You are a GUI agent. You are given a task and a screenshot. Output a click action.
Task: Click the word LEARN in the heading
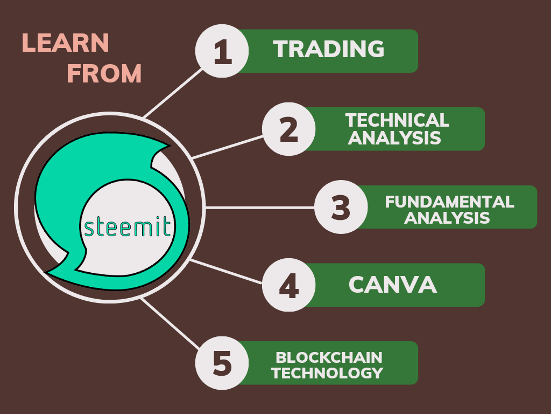pyautogui.click(x=65, y=43)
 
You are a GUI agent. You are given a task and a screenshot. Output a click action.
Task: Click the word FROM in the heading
pyautogui.click(x=104, y=73)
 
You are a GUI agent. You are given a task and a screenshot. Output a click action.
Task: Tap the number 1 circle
pyautogui.click(x=222, y=51)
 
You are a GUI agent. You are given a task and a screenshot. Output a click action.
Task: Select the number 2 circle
pyautogui.click(x=289, y=129)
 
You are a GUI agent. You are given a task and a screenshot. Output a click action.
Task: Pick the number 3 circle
pyautogui.click(x=341, y=207)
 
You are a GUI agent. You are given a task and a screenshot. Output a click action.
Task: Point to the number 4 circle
pyautogui.click(x=289, y=285)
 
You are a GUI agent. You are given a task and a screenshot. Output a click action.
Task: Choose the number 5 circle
pyautogui.click(x=222, y=363)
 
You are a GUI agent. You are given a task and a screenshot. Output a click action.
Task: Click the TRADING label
pyautogui.click(x=329, y=49)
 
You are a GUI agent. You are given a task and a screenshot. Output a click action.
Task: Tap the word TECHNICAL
pyautogui.click(x=397, y=120)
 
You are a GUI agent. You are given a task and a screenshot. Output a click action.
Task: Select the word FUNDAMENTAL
pyautogui.click(x=449, y=202)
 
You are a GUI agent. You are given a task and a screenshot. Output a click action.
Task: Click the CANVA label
pyautogui.click(x=392, y=285)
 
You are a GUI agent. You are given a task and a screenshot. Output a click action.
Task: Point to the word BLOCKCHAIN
pyautogui.click(x=329, y=358)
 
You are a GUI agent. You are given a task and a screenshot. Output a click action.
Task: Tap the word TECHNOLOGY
pyautogui.click(x=327, y=373)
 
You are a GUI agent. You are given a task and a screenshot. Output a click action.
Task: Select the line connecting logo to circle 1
pyautogui.click(x=173, y=93)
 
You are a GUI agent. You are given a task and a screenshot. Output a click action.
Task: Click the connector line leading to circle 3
pyautogui.click(x=260, y=208)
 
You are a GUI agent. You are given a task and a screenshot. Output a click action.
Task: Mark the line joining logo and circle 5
pyautogui.click(x=171, y=323)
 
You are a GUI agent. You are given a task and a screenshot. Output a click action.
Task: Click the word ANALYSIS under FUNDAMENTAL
pyautogui.click(x=447, y=218)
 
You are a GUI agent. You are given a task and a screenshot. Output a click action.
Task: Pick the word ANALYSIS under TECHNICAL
pyautogui.click(x=394, y=137)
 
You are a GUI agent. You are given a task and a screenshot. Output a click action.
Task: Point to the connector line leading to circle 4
pyautogui.click(x=226, y=272)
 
